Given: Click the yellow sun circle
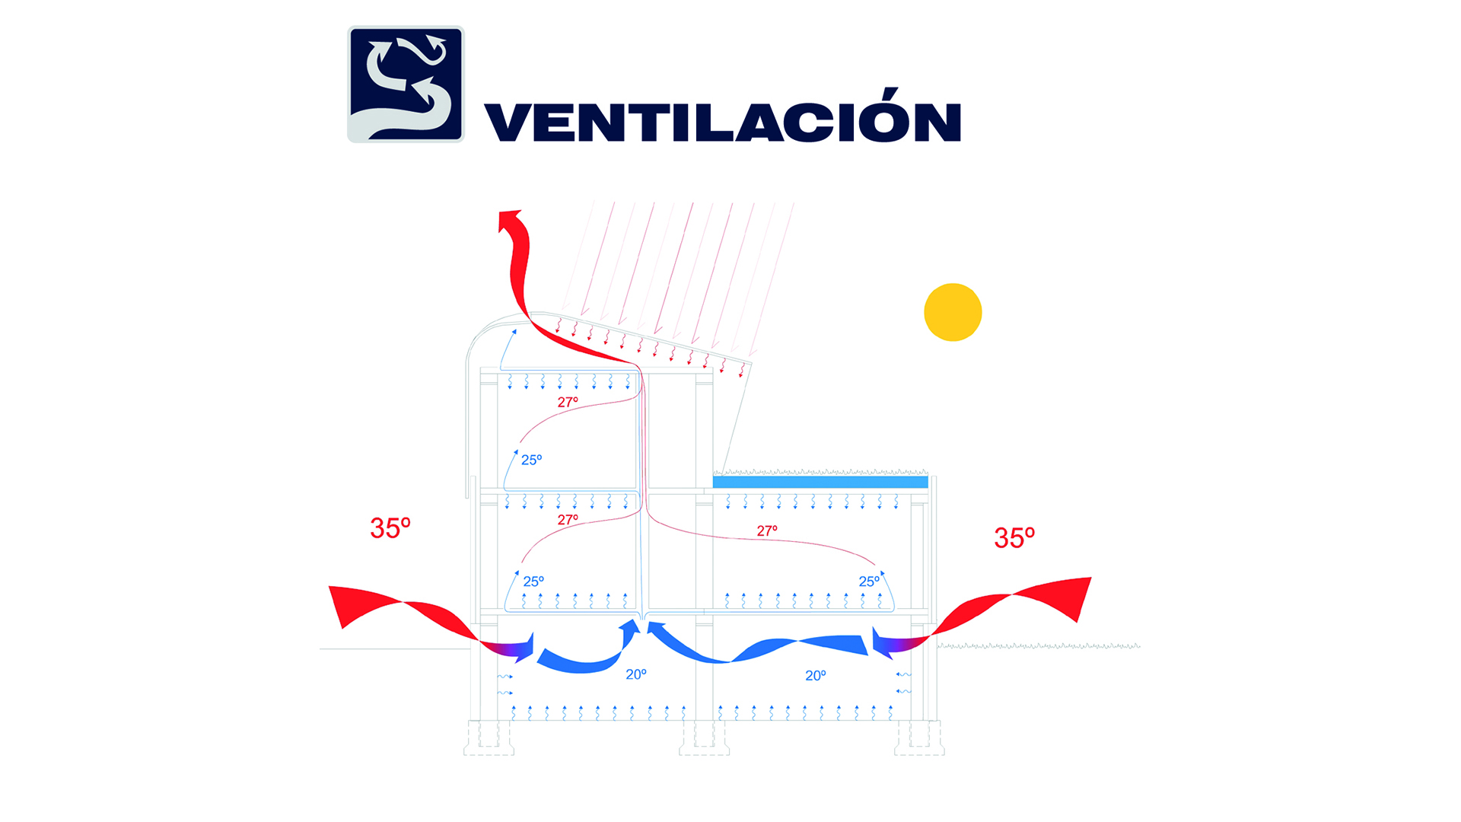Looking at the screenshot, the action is (x=953, y=312).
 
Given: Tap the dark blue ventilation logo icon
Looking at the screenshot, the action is (x=406, y=84).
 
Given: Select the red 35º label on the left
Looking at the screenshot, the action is (x=390, y=527).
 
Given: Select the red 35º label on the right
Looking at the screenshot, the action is (x=1014, y=537).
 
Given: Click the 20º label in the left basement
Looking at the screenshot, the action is (x=636, y=674).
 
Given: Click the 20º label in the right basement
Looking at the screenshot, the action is (x=816, y=675).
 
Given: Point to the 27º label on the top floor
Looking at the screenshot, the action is (x=568, y=402).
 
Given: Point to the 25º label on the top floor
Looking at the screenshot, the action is (x=532, y=460).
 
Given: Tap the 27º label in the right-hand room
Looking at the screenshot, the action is (x=767, y=530).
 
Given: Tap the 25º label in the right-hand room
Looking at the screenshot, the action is (x=869, y=581).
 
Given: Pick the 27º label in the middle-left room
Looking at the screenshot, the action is (x=568, y=520).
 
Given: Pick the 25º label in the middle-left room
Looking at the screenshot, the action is (x=533, y=581).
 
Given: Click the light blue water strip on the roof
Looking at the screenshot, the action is (x=820, y=482).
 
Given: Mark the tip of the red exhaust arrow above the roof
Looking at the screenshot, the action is (x=503, y=212).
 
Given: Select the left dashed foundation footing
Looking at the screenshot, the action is (x=489, y=738).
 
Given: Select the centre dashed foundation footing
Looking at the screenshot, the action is (x=704, y=738).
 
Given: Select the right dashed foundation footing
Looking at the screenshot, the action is (x=919, y=738).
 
